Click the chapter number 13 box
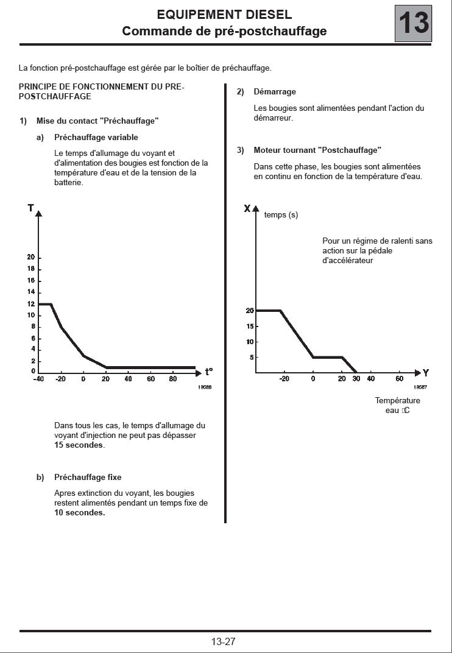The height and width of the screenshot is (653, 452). [414, 24]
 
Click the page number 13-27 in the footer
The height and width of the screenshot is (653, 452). [223, 641]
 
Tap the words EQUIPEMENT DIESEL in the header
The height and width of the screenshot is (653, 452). [224, 15]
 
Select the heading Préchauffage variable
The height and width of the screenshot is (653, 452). [96, 137]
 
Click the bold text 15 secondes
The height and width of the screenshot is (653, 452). [79, 445]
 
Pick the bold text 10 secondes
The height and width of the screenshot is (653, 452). [79, 512]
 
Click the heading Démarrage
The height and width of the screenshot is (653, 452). [275, 91]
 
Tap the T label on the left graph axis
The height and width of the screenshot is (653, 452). [30, 208]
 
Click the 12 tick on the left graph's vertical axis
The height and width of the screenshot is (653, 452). [31, 304]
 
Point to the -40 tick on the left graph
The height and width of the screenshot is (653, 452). [38, 379]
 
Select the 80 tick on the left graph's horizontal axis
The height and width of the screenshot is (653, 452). [173, 379]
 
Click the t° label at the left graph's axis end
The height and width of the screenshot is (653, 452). [209, 371]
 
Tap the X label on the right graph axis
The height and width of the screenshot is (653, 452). [247, 208]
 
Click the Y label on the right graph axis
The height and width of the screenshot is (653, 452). [426, 372]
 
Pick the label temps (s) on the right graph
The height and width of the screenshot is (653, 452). [281, 214]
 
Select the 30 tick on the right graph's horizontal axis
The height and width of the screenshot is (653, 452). [356, 379]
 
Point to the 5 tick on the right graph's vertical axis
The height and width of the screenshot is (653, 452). [251, 357]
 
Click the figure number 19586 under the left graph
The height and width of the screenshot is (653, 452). [204, 387]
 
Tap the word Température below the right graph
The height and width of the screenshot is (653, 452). [397, 400]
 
